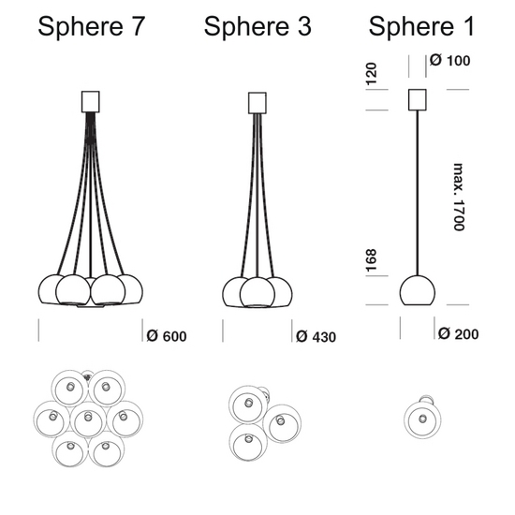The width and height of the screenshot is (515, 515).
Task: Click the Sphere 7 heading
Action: coord(92,26)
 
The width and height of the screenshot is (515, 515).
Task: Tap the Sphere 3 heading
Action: coord(257,26)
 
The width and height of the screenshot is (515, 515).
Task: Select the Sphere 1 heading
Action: coord(421,26)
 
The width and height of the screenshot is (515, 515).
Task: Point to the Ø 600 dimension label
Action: coord(167,336)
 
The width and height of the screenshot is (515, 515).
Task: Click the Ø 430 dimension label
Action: coord(316,337)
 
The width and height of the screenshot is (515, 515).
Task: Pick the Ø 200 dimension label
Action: coord(459,333)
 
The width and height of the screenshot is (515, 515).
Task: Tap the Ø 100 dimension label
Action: coord(450,61)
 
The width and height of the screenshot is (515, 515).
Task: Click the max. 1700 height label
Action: coord(459,197)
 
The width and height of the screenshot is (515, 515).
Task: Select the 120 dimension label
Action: coord(371,74)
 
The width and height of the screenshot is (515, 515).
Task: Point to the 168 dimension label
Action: coord(371,261)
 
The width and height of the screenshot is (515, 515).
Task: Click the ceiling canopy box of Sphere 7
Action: coord(90,102)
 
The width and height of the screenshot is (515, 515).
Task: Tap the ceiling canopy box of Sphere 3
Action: coord(257,103)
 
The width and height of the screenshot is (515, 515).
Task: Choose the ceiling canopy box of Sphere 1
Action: coord(418,100)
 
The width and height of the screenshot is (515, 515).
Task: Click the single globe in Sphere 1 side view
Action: coord(418,290)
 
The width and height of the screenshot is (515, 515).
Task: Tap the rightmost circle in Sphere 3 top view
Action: coord(282,423)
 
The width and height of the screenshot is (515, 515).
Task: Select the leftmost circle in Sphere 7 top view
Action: coord(51,419)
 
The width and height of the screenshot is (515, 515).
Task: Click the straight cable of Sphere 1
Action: coord(418,193)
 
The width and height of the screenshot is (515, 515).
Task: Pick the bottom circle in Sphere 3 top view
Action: coord(248,442)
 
